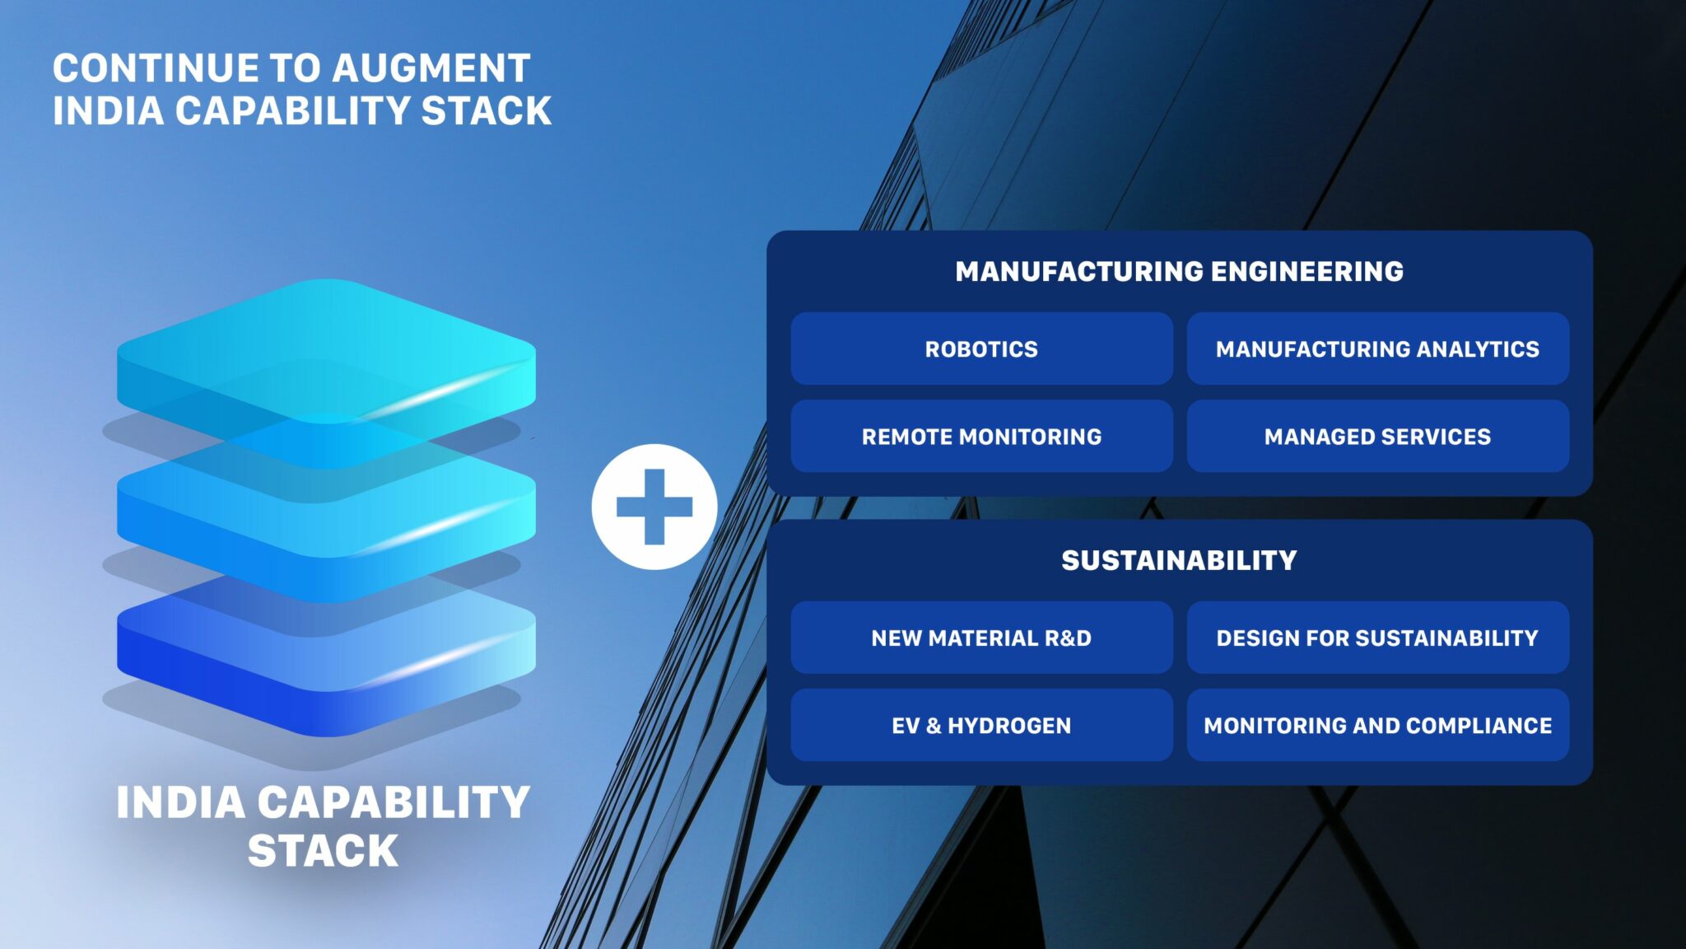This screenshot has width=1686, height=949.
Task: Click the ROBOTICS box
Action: pos(981,348)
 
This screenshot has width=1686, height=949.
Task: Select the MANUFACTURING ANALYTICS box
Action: pos(1377,348)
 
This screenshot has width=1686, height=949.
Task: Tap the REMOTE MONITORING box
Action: pos(981,436)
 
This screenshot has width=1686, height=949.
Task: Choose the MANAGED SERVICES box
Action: pos(1377,436)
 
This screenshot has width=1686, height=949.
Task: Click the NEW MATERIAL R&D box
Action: pos(981,638)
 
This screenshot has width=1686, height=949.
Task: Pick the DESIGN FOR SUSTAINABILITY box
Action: pos(1377,638)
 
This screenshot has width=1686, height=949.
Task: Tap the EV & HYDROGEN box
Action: pos(981,725)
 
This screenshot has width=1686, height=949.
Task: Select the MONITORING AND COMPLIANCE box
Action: pos(1377,725)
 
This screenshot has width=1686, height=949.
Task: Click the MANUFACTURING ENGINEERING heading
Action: pos(1179,271)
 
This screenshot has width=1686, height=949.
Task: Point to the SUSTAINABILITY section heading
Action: pos(1179,560)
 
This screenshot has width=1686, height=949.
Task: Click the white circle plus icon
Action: pos(654,507)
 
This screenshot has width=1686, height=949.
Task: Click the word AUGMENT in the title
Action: pos(431,68)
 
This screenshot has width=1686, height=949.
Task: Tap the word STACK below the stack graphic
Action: pos(323,851)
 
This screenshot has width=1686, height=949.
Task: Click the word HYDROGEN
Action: pos(1009,725)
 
